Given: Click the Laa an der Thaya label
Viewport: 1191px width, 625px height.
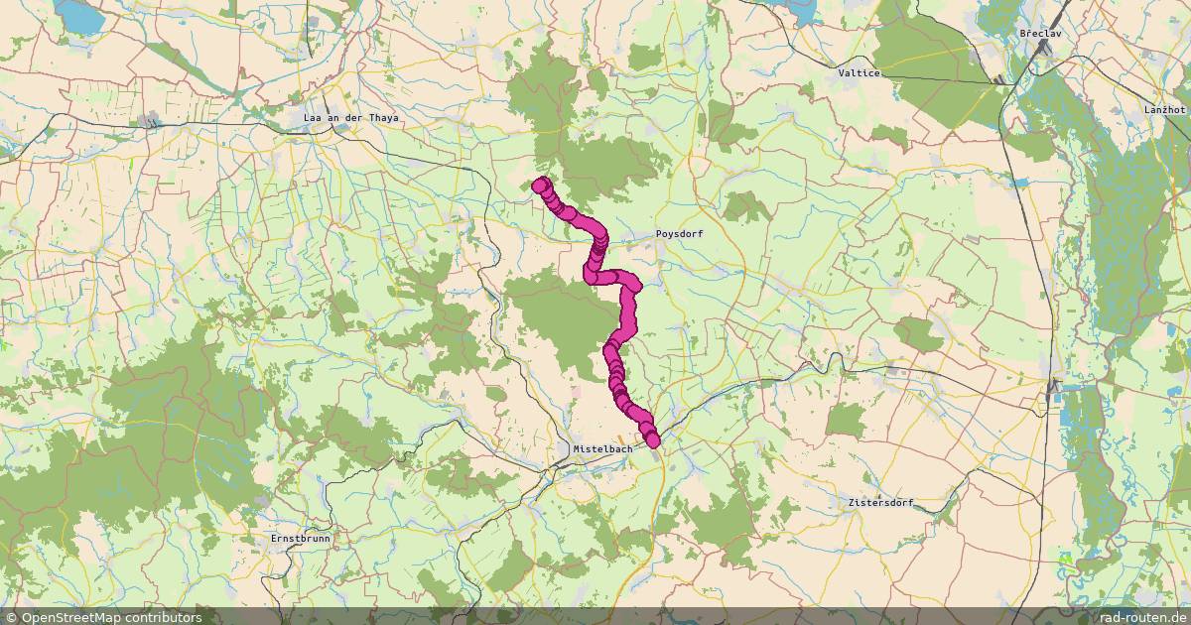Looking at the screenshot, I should (x=351, y=118).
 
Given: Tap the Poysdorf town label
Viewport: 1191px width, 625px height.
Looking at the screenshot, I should (x=679, y=234).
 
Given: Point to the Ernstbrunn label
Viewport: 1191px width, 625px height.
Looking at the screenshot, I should (x=301, y=539).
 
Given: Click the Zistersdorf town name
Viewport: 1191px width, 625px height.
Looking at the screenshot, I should (x=881, y=503).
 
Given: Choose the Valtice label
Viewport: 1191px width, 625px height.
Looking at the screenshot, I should (x=860, y=73).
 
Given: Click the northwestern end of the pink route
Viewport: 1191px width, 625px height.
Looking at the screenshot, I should (x=541, y=185).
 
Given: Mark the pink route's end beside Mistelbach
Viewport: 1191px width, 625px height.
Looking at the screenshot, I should (x=652, y=439).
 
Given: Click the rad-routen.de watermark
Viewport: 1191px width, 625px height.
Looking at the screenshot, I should (x=1139, y=617).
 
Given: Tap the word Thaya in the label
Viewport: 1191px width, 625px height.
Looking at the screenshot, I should (x=381, y=118).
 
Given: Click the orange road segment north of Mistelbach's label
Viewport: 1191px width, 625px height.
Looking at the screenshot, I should (x=621, y=437).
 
